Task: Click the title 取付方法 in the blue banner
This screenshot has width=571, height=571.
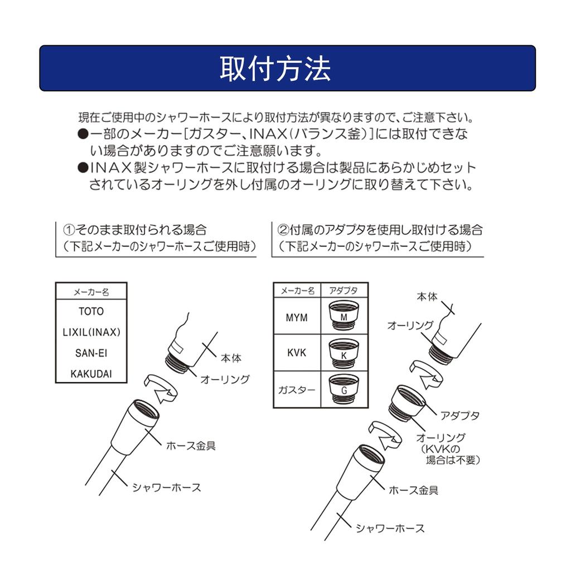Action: click(x=275, y=69)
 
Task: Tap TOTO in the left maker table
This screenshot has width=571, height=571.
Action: click(x=91, y=311)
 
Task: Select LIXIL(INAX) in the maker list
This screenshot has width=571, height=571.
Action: click(x=91, y=332)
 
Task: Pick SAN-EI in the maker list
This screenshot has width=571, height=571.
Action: click(x=91, y=353)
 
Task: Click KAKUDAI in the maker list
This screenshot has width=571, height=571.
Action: click(x=91, y=374)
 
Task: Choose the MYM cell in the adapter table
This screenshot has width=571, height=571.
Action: click(x=297, y=317)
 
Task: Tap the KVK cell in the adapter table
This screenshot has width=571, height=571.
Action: click(x=297, y=352)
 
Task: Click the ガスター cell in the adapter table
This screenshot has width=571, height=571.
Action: click(x=297, y=390)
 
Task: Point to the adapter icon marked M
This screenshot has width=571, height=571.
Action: click(x=343, y=316)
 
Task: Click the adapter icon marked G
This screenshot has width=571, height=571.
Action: click(x=343, y=389)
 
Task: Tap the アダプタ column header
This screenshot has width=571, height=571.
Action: click(x=343, y=291)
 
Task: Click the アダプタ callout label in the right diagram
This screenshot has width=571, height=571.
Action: click(x=459, y=415)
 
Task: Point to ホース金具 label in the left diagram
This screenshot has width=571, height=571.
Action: click(x=191, y=446)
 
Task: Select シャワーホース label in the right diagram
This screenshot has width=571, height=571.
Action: click(x=390, y=528)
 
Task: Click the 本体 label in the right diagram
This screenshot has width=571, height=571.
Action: click(x=427, y=297)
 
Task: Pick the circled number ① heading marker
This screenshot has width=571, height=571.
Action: click(x=69, y=230)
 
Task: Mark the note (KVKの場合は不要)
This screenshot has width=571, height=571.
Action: click(x=450, y=454)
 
